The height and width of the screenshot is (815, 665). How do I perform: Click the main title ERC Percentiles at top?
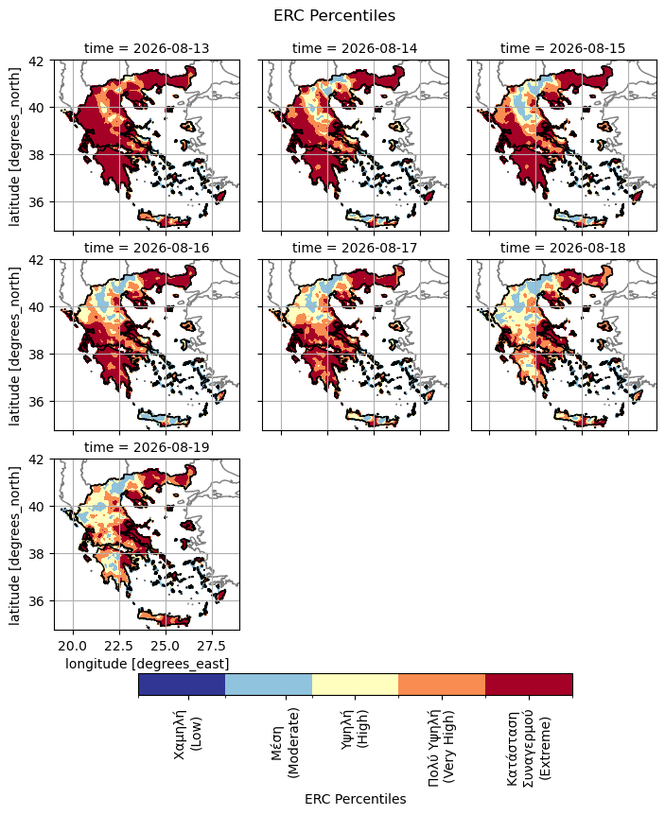click(x=334, y=15)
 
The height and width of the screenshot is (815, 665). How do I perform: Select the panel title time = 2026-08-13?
click(x=147, y=48)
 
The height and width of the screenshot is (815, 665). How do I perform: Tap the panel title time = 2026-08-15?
click(x=563, y=48)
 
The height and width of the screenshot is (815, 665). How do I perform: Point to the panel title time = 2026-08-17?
click(x=355, y=248)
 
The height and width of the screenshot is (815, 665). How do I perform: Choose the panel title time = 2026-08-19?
click(x=147, y=447)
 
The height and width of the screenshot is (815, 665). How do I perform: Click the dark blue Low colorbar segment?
click(x=182, y=685)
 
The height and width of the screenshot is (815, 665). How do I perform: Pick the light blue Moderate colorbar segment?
click(x=269, y=685)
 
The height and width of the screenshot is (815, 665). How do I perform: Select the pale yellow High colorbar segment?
click(x=355, y=685)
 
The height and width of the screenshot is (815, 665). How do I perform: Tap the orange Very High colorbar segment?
click(x=442, y=685)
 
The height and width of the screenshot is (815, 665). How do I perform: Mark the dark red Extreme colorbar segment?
click(x=529, y=685)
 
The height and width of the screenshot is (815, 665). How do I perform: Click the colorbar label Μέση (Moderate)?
click(x=286, y=743)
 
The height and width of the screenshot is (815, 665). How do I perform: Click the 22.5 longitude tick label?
click(x=119, y=646)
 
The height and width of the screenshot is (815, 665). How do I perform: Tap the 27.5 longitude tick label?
click(x=212, y=646)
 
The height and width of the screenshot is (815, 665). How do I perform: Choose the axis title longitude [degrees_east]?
click(x=148, y=664)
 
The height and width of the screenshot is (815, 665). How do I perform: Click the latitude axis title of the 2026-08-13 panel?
click(x=14, y=147)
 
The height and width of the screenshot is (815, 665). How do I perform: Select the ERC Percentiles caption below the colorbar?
click(x=355, y=799)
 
